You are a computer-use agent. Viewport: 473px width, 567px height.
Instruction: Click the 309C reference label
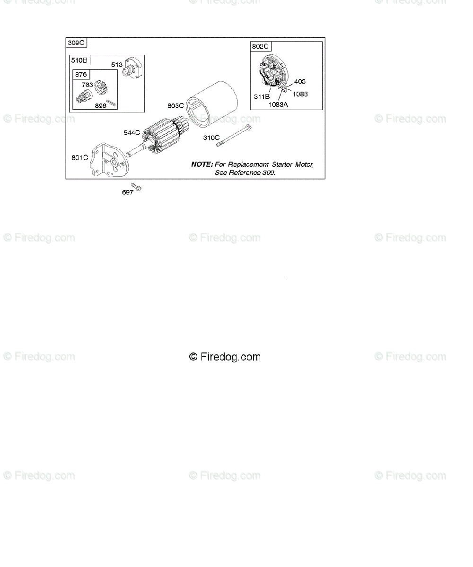(76, 43)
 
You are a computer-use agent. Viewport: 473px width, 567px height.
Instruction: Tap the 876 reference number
(81, 75)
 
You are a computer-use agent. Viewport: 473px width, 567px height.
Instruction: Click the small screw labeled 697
(136, 187)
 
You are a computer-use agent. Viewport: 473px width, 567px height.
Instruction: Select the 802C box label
(260, 46)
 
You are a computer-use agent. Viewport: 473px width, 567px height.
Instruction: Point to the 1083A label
(278, 104)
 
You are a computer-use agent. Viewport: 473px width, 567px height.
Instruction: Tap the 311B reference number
(262, 96)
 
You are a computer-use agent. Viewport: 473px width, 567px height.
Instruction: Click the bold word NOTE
(202, 164)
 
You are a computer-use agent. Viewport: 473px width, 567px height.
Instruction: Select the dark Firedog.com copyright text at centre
(225, 357)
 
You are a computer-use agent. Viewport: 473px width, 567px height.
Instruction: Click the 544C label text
(132, 133)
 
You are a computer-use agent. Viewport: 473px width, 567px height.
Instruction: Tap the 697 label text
(127, 193)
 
